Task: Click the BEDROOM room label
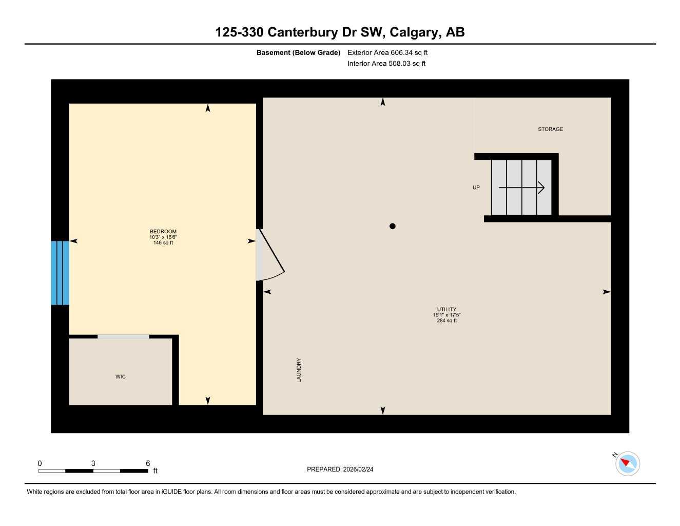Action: (163, 232)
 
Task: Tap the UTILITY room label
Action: (446, 309)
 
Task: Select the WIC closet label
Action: (121, 377)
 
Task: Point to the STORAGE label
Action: (550, 129)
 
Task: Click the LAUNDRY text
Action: (299, 370)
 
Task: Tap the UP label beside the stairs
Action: (476, 187)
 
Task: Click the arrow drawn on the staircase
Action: (521, 187)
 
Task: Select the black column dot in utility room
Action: (393, 226)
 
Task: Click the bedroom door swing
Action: (269, 255)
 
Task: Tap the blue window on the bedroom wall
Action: (60, 273)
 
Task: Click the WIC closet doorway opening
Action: (123, 336)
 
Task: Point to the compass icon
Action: (627, 463)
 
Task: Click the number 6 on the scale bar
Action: (148, 463)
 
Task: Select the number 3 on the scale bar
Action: (93, 463)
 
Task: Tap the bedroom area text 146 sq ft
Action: (163, 243)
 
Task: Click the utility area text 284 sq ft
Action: (446, 321)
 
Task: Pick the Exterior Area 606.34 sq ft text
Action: (387, 52)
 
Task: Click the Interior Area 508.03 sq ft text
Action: (386, 64)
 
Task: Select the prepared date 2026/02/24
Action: (358, 469)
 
